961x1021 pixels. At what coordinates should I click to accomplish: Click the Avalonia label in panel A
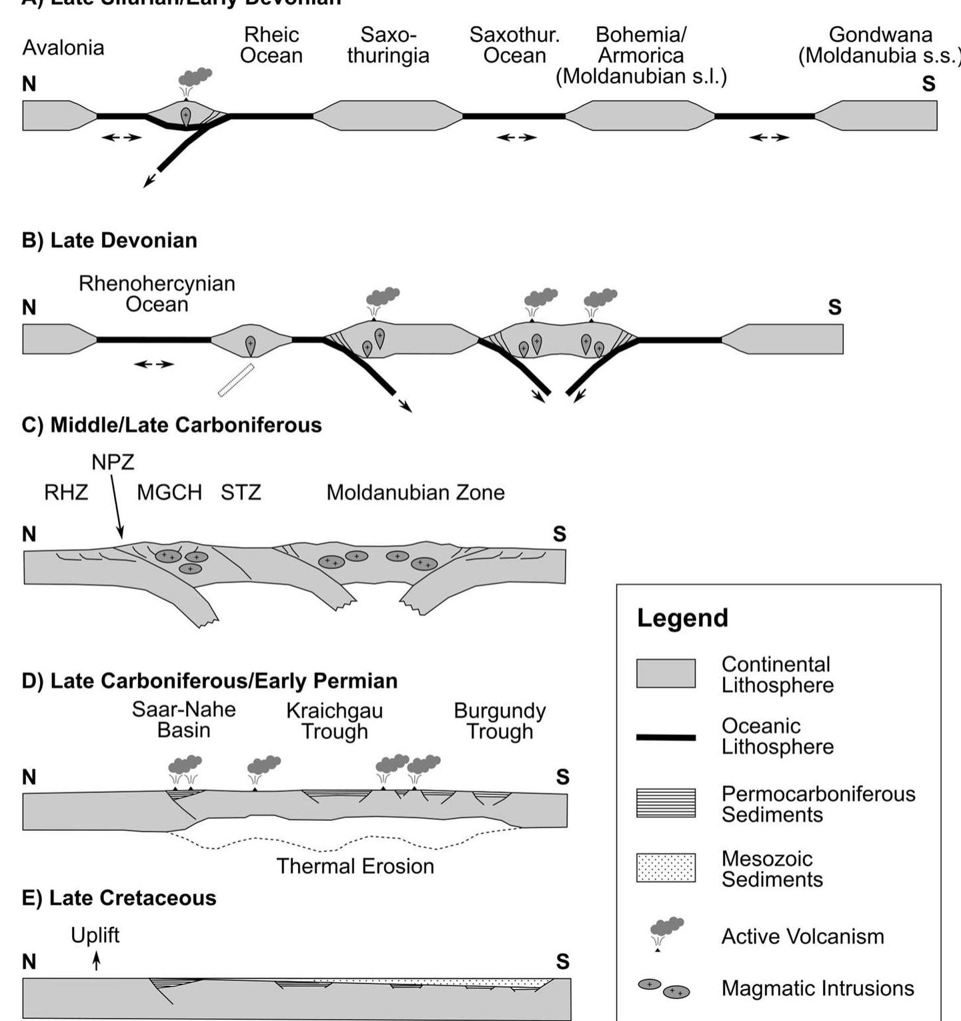point(63,48)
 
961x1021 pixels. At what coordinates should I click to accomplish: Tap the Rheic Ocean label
point(271,45)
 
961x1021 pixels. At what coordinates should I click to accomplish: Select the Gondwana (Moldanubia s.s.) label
point(879,45)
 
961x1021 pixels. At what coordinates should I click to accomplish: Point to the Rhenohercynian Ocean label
point(157,294)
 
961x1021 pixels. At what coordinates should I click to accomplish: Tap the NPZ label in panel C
point(113,462)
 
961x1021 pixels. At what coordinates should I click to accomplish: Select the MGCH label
point(169,493)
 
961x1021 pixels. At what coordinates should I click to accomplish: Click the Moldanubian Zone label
point(415,493)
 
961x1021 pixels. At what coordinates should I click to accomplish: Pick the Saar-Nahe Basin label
point(183,720)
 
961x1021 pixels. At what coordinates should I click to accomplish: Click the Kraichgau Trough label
point(334,721)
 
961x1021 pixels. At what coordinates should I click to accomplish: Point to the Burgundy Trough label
point(500,721)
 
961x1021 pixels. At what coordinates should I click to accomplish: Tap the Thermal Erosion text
point(355,866)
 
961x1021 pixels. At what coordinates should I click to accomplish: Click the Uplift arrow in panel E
point(97,961)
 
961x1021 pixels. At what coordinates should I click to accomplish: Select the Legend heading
point(682,618)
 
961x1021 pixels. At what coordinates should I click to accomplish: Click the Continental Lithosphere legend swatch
point(666,674)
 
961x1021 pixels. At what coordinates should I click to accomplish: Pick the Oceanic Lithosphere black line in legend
point(666,738)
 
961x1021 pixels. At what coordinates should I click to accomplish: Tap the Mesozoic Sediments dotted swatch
point(666,868)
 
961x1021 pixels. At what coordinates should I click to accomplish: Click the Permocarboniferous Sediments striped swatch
point(666,803)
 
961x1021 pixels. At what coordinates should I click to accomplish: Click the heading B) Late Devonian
point(109,240)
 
